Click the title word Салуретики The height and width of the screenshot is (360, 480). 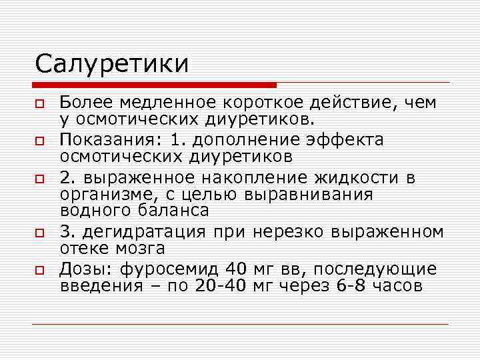pyautogui.click(x=111, y=64)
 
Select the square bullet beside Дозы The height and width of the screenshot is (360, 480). pyautogui.click(x=40, y=271)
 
